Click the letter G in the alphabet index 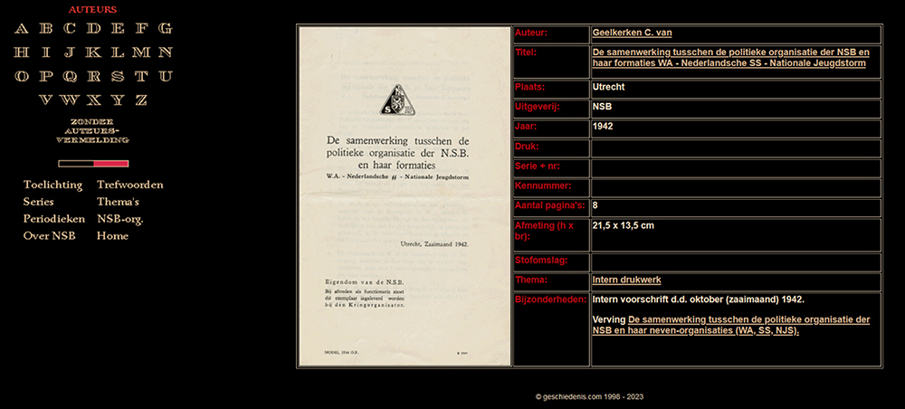165,28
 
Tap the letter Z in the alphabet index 140,100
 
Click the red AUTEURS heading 92,9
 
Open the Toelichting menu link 52,185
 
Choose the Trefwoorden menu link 129,185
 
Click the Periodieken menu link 54,219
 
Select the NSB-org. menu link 119,219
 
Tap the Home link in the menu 112,236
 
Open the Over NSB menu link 50,236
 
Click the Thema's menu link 118,202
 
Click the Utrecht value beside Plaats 608,88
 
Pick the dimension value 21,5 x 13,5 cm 623,225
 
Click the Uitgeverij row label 538,107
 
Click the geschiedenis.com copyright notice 589,396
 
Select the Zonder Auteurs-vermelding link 92,130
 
